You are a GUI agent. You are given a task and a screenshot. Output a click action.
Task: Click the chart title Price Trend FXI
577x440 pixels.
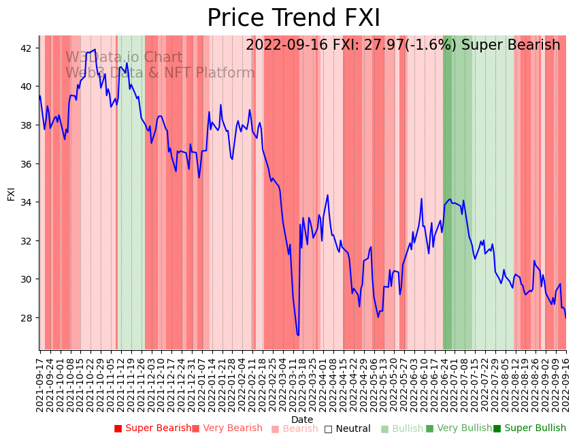(293, 18)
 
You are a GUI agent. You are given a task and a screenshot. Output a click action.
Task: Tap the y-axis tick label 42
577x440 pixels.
(28, 48)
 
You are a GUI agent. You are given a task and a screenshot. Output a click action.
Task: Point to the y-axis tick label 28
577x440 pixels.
(28, 318)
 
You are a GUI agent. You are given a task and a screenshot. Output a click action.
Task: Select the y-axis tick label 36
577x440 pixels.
(28, 164)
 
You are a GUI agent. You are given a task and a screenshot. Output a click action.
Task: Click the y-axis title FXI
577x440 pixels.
(11, 193)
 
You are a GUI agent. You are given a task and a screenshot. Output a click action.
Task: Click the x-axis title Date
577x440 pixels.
(302, 420)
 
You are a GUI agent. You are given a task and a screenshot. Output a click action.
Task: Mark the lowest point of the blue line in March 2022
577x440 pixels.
(298, 335)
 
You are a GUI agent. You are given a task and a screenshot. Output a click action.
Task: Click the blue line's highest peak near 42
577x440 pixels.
(95, 49)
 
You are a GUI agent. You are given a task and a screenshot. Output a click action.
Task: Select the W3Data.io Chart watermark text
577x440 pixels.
(124, 58)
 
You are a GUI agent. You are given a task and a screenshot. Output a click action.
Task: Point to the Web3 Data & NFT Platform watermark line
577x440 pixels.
(160, 73)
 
